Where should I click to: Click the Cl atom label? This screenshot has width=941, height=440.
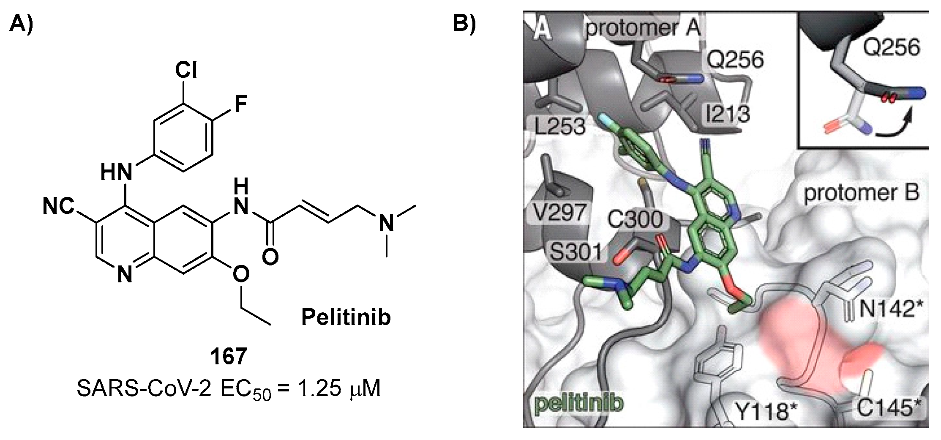point(186,70)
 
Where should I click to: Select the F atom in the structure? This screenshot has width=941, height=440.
point(240,104)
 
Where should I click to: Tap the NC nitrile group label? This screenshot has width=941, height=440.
point(58,208)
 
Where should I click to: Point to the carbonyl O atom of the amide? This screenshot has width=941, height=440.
point(270,257)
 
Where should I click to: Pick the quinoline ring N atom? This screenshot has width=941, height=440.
point(125,275)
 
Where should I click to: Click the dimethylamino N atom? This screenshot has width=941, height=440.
point(386,223)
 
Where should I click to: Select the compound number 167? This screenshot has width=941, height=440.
point(229,357)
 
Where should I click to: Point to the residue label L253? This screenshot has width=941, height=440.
point(559,126)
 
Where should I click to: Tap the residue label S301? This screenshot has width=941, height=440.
point(575,252)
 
